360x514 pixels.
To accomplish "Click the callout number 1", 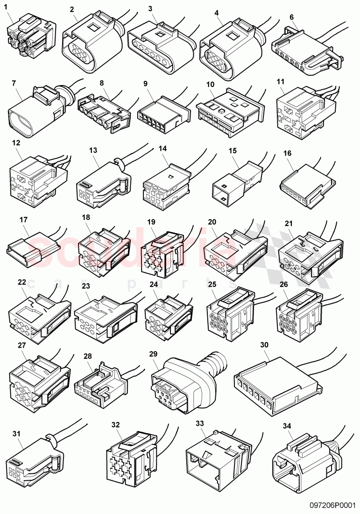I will click(6, 6).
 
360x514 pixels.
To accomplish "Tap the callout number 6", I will click(291, 17).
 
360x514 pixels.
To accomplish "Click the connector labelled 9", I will click(161, 110).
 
